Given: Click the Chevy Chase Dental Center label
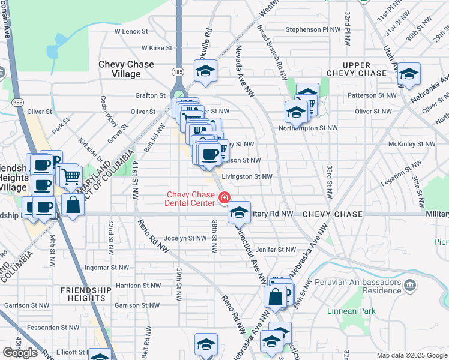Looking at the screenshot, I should click(x=190, y=199).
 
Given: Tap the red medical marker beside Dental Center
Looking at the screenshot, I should click(x=224, y=197).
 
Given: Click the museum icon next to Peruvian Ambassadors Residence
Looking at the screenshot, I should click(x=411, y=284).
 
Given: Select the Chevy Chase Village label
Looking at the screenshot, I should click(x=126, y=69).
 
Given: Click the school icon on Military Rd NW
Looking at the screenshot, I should click(x=238, y=211).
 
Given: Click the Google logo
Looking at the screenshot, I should click(x=20, y=353).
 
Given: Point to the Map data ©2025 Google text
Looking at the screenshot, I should click(x=411, y=355).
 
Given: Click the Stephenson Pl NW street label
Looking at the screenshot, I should click(x=313, y=29).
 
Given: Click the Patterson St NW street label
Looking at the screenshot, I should click(x=372, y=95).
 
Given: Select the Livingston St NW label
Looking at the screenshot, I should click(x=247, y=176).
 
